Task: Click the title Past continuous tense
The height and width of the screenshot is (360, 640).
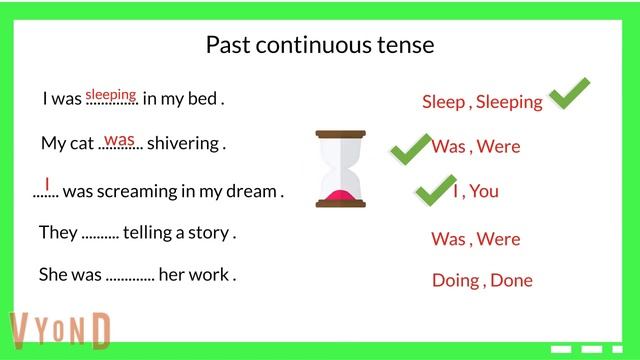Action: point(320,45)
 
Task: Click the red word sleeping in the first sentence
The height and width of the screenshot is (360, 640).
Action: point(110,95)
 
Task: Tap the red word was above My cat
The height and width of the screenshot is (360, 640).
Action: point(120,139)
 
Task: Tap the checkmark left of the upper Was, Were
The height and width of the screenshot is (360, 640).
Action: point(409,149)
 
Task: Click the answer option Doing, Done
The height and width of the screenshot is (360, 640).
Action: point(482,280)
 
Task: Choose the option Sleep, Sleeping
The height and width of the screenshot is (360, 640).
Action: point(482,102)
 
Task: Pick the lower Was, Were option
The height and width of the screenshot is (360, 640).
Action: point(476,239)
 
